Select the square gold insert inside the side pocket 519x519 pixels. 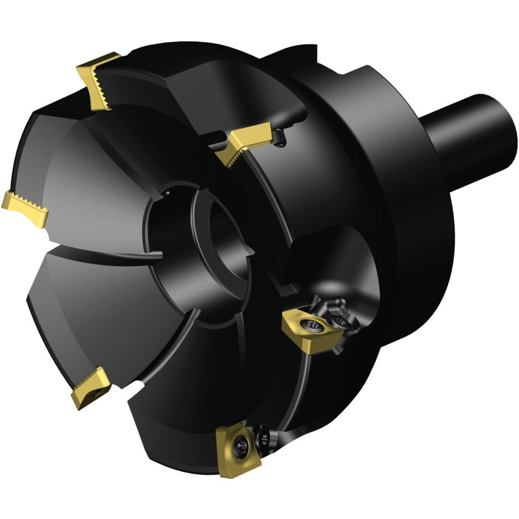pyautogui.click(x=310, y=328)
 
